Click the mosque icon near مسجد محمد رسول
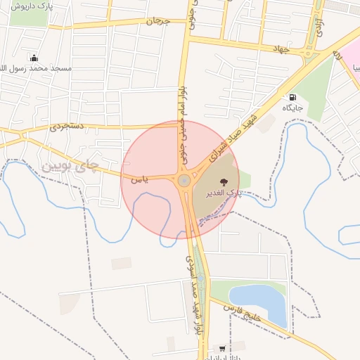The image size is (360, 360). pos(34,58)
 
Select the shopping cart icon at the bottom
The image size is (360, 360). pos(223,348)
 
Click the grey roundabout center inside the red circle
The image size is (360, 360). pos(184,181)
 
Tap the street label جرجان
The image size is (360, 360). pos(158,21)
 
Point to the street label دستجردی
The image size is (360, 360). pos(67,127)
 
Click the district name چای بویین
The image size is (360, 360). pos(68,167)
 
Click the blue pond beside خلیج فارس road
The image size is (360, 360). pos(260,302)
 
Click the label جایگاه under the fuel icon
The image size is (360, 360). pos(292,108)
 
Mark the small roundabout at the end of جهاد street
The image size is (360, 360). pos(309,53)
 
